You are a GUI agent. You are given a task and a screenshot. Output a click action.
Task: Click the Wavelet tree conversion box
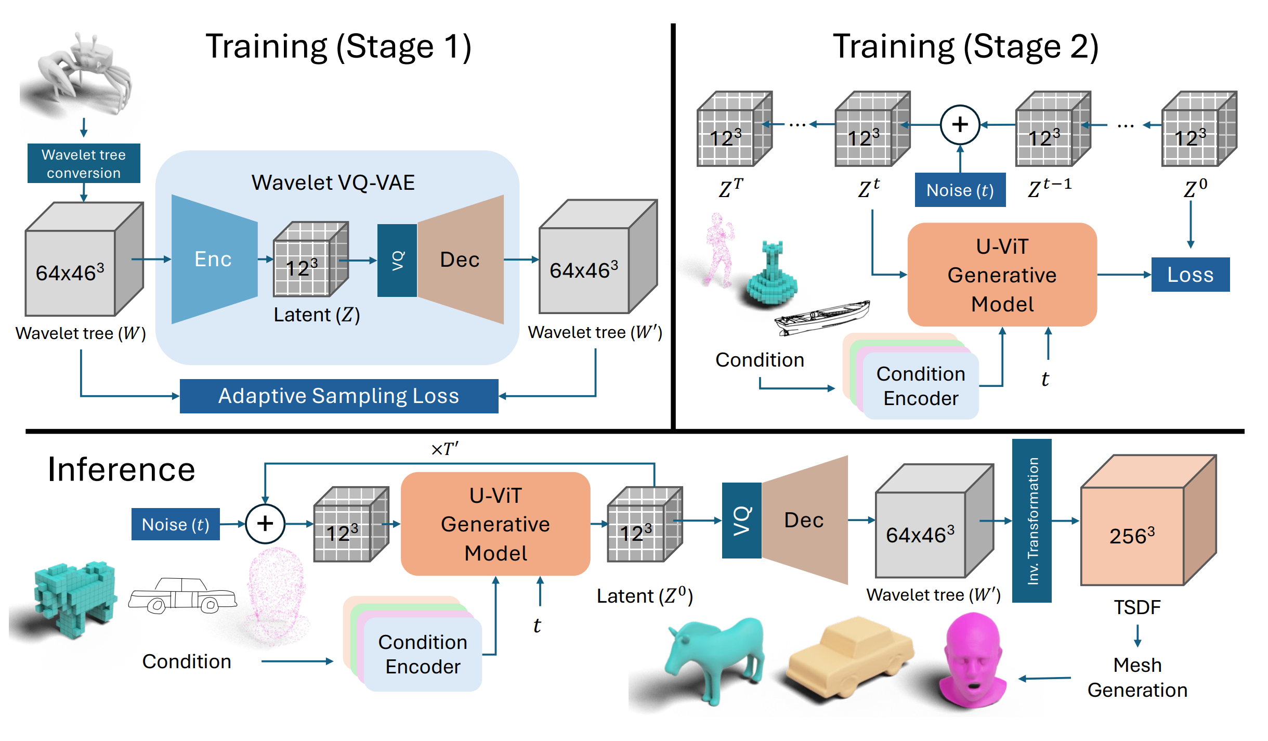coord(84,163)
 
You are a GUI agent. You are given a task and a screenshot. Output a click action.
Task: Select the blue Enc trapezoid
coord(213,259)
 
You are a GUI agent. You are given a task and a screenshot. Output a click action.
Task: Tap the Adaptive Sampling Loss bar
coord(339,396)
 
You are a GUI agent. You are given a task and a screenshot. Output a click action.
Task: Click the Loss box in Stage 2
coord(1190,275)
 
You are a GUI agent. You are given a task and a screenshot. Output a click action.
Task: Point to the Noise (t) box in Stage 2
coord(960,190)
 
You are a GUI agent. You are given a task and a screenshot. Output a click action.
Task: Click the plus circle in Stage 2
coord(960,125)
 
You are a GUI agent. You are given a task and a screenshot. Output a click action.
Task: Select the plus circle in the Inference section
coord(265,524)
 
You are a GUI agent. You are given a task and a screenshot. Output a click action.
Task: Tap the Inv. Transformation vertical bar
coord(1032,521)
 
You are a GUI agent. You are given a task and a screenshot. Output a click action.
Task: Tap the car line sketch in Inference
coord(182,595)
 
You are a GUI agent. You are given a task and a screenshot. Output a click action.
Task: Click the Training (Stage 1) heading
coord(338,47)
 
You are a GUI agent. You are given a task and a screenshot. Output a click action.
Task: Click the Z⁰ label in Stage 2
coord(1195,188)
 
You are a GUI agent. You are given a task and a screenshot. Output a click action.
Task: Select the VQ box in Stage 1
coord(397,260)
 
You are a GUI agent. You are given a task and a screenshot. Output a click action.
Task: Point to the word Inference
coord(121,470)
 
